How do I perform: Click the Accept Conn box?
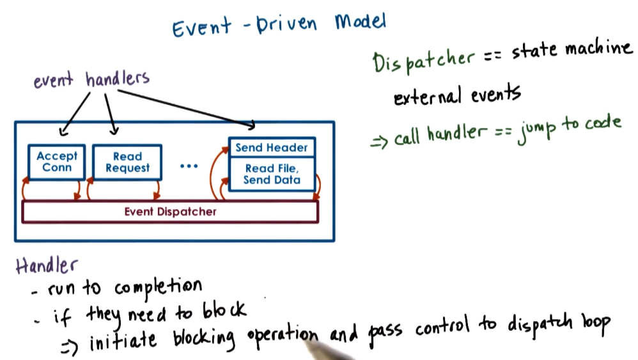point(57,162)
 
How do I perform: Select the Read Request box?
point(127,162)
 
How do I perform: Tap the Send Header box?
point(272,147)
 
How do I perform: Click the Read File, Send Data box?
point(272,174)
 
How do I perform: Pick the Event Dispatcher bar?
point(170,212)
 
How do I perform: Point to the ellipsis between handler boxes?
point(190,166)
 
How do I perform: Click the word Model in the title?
point(361,23)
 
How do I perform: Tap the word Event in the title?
point(199,28)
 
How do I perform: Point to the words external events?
point(456,97)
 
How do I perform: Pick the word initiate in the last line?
point(123,341)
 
